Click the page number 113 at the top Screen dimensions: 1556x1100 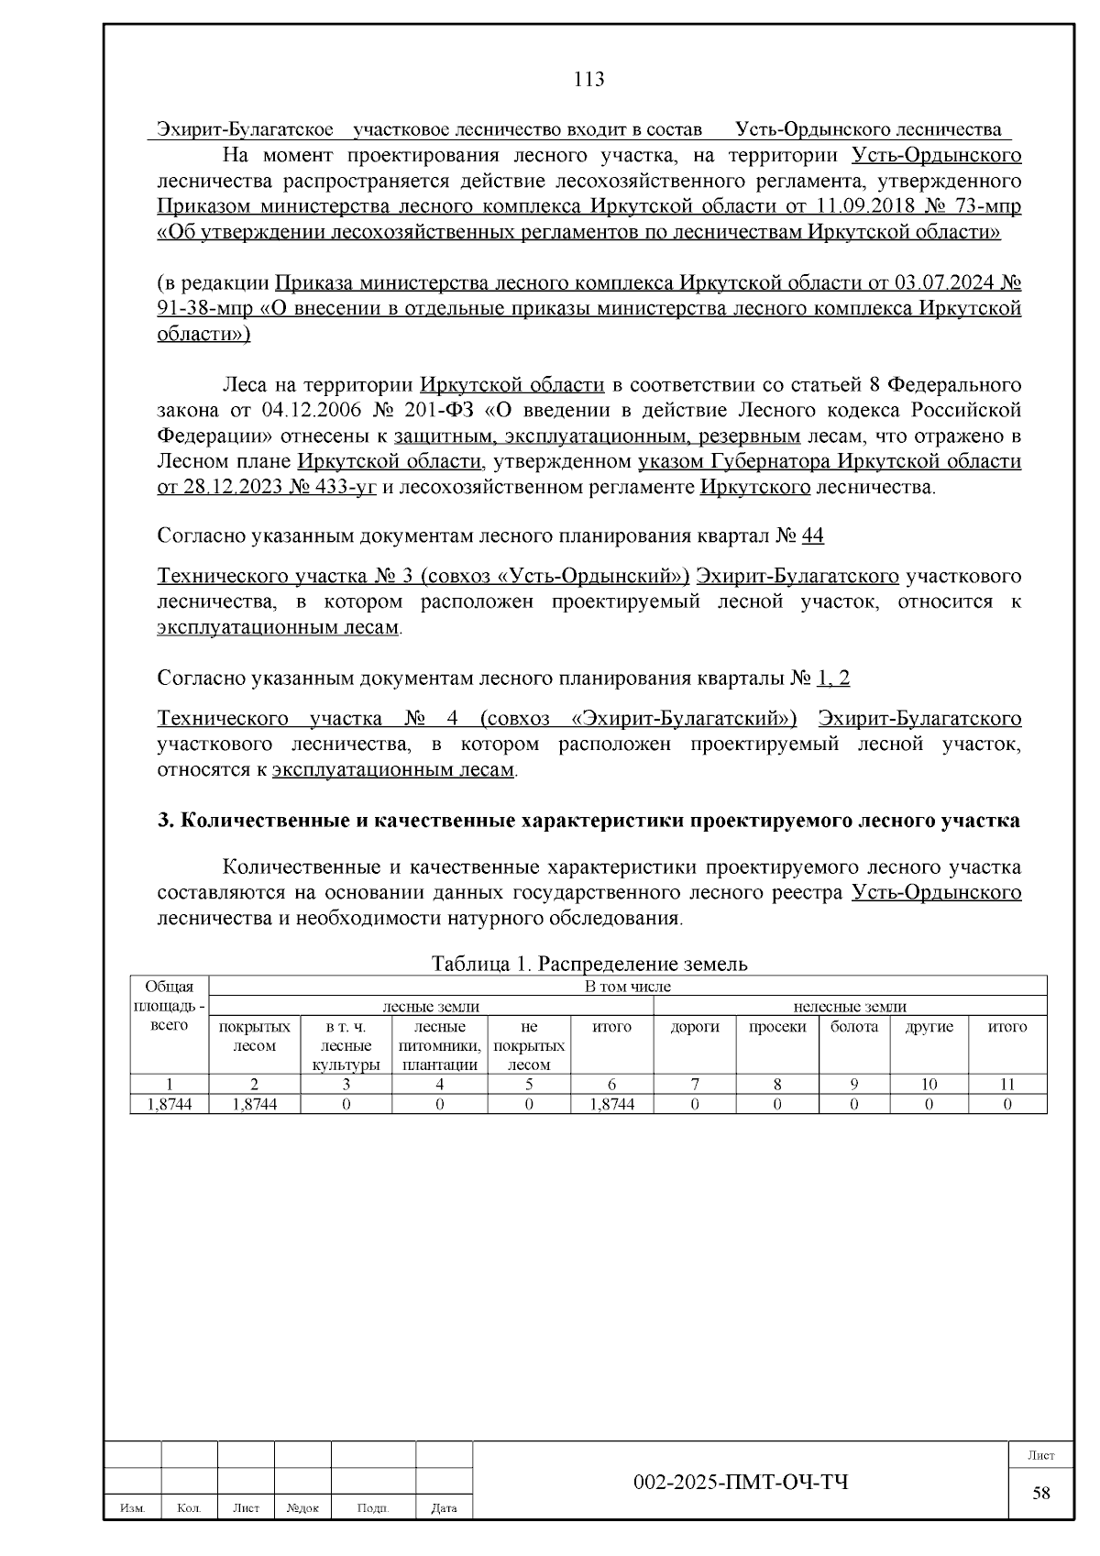[x=588, y=80]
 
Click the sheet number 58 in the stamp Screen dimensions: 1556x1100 [x=1041, y=1493]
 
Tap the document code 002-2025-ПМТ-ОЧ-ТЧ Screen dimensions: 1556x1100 [x=741, y=1482]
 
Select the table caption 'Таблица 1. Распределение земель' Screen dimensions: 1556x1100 [x=589, y=964]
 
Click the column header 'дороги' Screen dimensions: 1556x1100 [x=695, y=1027]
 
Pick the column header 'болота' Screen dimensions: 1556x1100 [x=854, y=1027]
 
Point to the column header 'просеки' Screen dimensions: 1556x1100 [x=777, y=1027]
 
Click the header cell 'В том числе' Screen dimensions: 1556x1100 [x=628, y=987]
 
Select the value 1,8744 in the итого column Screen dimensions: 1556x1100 [x=612, y=1104]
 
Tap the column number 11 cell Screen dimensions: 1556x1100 [x=1006, y=1084]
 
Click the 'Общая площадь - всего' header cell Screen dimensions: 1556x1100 [x=170, y=1006]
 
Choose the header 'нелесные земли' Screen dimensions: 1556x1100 [x=849, y=1007]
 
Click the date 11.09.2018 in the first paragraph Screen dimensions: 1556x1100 [x=856, y=206]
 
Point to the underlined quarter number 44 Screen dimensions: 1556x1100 [x=813, y=535]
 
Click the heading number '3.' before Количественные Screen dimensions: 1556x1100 [x=166, y=820]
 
